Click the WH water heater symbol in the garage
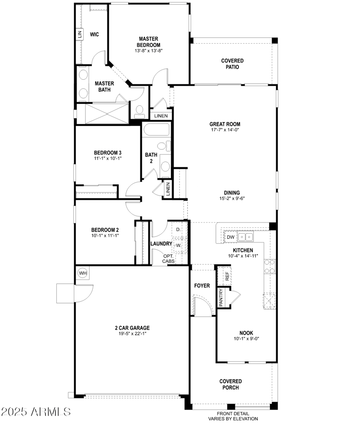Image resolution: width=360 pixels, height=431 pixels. click(x=83, y=273)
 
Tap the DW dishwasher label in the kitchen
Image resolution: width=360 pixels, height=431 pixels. click(x=230, y=237)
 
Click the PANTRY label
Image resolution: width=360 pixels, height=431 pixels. click(x=221, y=298)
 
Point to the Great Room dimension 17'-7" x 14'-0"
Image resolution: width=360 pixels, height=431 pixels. click(x=225, y=130)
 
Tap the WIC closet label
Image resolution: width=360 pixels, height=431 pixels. click(x=94, y=34)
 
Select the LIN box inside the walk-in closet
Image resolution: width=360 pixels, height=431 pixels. click(x=80, y=34)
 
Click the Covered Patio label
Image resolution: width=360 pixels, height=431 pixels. click(x=232, y=63)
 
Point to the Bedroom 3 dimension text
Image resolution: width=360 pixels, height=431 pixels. click(x=108, y=158)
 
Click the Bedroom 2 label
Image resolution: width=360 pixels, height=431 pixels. click(x=105, y=229)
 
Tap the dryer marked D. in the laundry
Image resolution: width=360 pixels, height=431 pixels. click(x=178, y=229)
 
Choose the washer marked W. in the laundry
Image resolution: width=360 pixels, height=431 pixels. click(x=178, y=246)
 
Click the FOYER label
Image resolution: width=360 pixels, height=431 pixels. click(x=202, y=286)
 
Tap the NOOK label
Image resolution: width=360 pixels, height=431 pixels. click(x=246, y=333)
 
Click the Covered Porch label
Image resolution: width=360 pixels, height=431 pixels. click(x=230, y=384)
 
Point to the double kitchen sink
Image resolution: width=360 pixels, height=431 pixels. click(x=246, y=237)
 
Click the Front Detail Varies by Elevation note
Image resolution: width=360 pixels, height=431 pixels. click(x=233, y=416)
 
